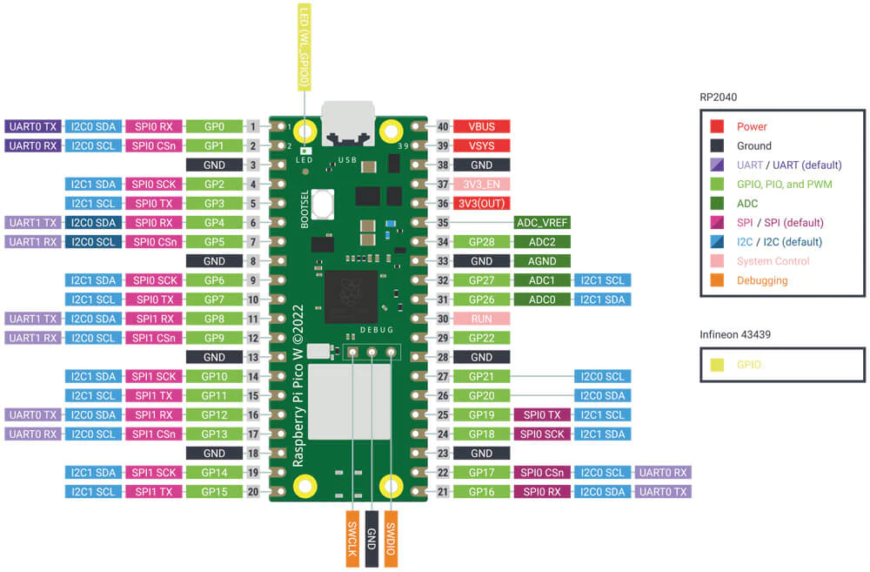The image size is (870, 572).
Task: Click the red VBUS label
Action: (481, 126)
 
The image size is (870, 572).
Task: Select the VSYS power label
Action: (481, 145)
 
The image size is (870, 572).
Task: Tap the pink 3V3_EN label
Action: (481, 184)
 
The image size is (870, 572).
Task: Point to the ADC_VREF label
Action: (542, 222)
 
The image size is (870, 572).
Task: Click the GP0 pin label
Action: (214, 126)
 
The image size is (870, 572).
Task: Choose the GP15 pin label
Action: (214, 492)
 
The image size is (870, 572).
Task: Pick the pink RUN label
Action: (481, 319)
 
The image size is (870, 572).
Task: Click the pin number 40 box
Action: (442, 126)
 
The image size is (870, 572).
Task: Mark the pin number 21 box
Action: (442, 492)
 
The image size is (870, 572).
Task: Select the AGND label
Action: (542, 260)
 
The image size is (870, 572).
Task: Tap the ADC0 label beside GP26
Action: (542, 299)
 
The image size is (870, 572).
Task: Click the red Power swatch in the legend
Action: (718, 127)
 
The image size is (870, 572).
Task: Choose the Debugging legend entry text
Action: (762, 280)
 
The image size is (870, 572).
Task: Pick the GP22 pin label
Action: (481, 338)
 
